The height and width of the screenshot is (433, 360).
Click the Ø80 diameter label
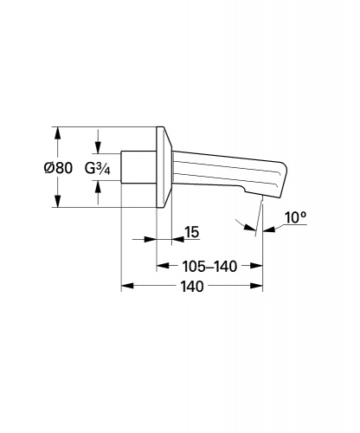pyautogui.click(x=58, y=168)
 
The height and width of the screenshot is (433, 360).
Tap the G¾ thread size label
pyautogui.click(x=98, y=169)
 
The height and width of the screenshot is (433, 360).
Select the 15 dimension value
pyautogui.click(x=192, y=232)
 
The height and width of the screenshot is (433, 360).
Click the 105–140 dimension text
pyautogui.click(x=209, y=267)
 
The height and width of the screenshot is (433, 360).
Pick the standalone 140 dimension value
pyautogui.click(x=192, y=287)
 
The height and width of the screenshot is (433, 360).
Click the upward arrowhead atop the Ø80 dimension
pyautogui.click(x=58, y=133)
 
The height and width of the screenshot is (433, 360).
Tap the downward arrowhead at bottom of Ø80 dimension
pyautogui.click(x=58, y=201)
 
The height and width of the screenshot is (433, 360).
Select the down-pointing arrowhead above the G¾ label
pyautogui.click(x=98, y=147)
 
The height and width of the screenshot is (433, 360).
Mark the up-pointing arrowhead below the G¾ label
pyautogui.click(x=98, y=187)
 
